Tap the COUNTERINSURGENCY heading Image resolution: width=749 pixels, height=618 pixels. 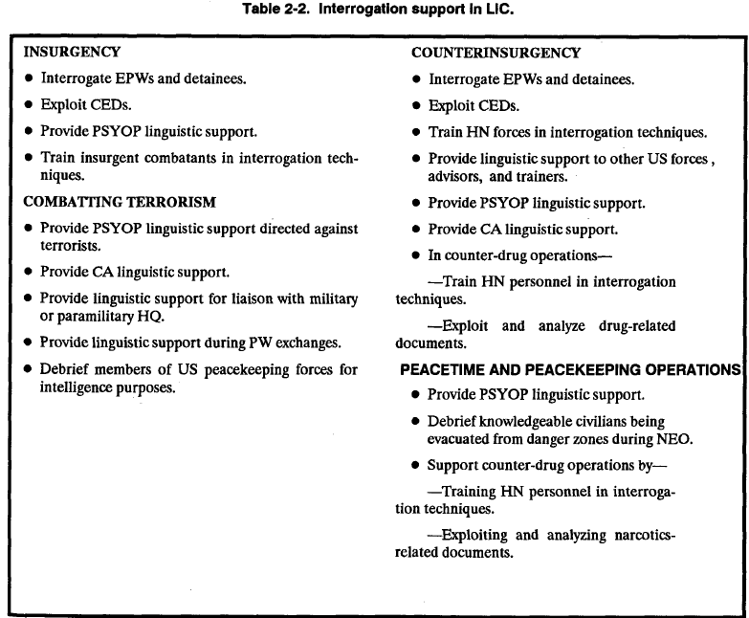[496, 54]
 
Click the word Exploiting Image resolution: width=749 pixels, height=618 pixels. [475, 535]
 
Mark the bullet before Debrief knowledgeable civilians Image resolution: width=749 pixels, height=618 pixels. [415, 421]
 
